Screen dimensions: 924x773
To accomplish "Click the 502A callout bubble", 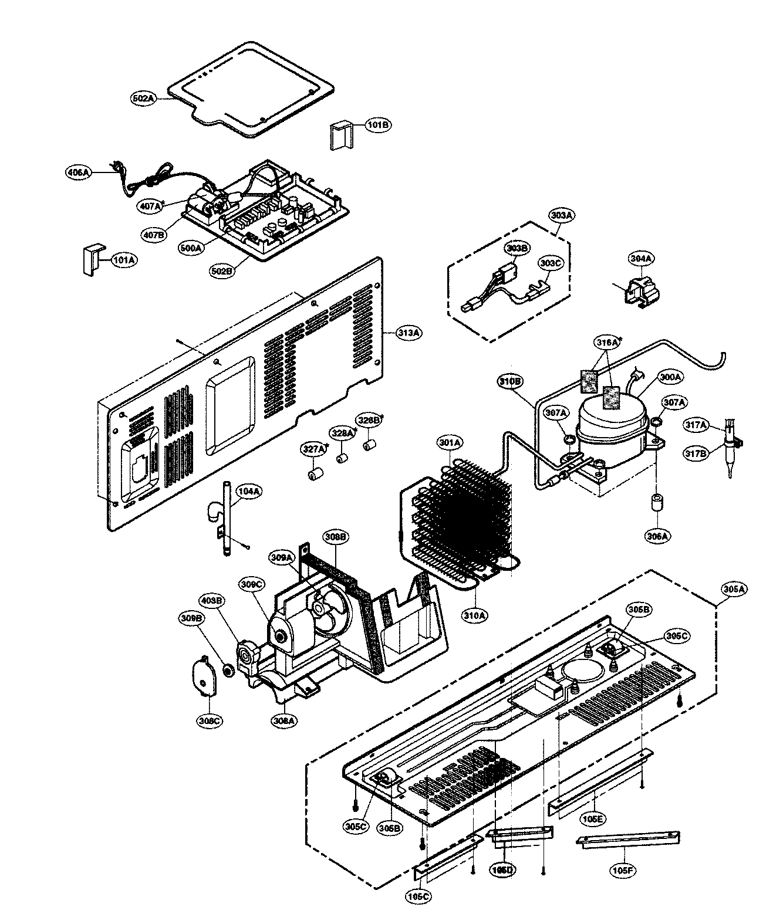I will tap(143, 99).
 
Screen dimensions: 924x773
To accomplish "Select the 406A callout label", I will tap(77, 172).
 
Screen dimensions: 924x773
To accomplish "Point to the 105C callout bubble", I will tap(418, 896).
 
